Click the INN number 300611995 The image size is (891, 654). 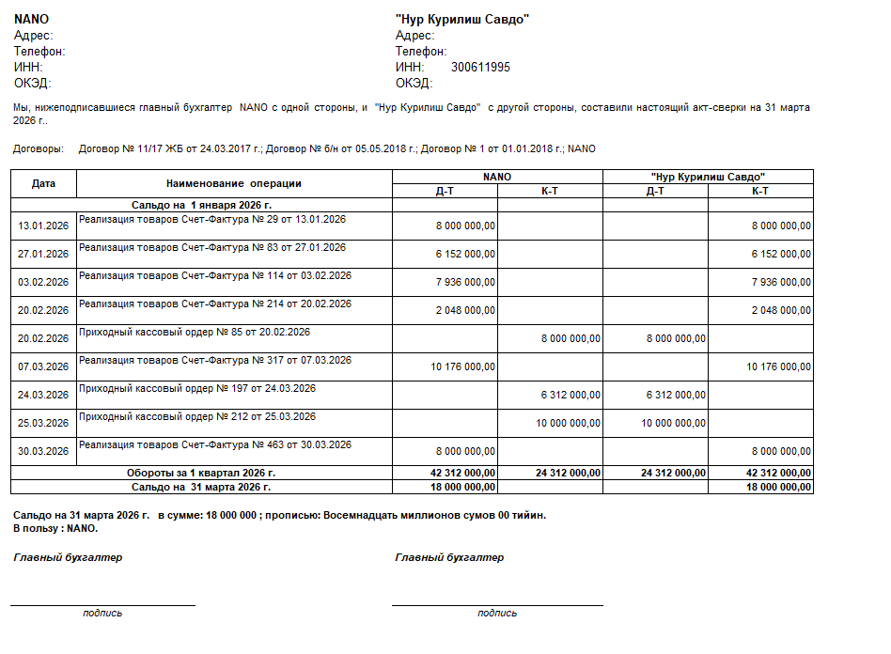[480, 68]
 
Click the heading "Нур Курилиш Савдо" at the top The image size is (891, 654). [462, 20]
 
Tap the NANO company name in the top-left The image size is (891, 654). [31, 20]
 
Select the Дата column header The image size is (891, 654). [43, 183]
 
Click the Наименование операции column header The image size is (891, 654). [234, 183]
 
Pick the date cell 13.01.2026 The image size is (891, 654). [43, 226]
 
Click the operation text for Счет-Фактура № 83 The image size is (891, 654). [212, 248]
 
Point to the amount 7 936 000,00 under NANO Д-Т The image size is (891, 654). [463, 282]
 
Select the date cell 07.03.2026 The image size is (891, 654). [43, 366]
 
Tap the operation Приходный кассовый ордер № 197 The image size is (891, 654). [197, 389]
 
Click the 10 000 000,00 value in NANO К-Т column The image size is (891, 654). [568, 423]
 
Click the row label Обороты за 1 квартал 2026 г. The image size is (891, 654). [201, 474]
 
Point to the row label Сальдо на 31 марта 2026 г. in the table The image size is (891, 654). [201, 487]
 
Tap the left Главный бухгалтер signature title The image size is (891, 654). [68, 557]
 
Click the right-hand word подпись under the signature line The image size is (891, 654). [497, 613]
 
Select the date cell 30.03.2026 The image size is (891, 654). [43, 451]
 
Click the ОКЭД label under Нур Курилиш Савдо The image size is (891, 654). [414, 83]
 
